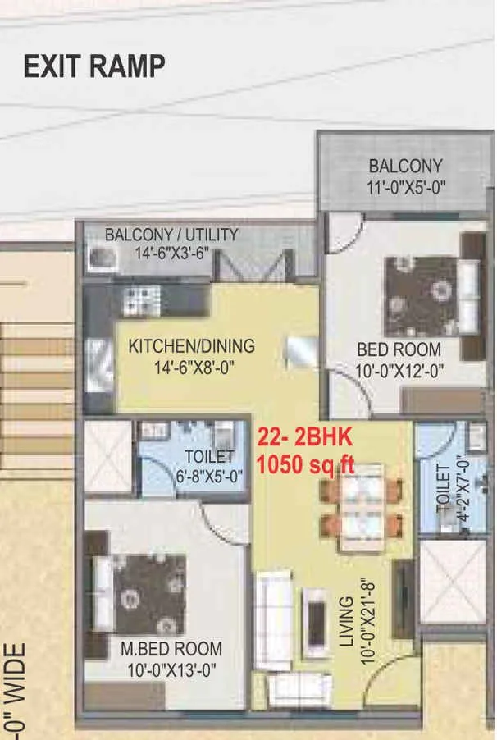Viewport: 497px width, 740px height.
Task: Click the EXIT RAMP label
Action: [x=94, y=66]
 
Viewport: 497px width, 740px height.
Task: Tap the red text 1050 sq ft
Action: [x=306, y=464]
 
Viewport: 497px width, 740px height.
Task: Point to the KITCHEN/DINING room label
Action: [x=191, y=346]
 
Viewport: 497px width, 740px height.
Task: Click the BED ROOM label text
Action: [x=399, y=349]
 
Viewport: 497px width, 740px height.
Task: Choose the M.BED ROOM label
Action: [x=171, y=650]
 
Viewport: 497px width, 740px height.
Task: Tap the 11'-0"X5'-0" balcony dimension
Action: [x=405, y=187]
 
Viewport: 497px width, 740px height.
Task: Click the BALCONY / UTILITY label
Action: [x=171, y=235]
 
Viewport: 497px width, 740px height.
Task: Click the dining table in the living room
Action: [x=361, y=506]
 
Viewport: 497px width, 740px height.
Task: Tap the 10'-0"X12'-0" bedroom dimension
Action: [x=399, y=370]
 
